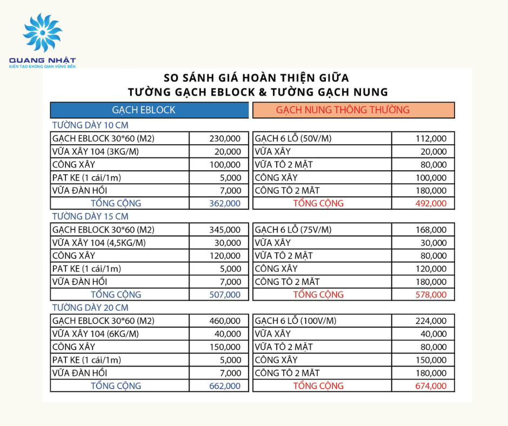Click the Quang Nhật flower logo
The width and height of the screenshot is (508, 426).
pyautogui.click(x=42, y=34)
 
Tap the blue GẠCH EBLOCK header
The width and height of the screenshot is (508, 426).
pyautogui.click(x=144, y=110)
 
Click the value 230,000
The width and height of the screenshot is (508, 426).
pyautogui.click(x=225, y=139)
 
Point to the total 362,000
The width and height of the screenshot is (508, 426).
pyautogui.click(x=225, y=204)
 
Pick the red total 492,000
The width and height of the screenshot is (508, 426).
pyautogui.click(x=431, y=204)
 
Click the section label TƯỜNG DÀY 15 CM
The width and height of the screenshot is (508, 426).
pyautogui.click(x=90, y=216)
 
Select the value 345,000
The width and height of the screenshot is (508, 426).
pyautogui.click(x=225, y=230)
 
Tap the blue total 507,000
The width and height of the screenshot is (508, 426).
pyautogui.click(x=225, y=295)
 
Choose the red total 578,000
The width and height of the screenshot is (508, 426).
pyautogui.click(x=431, y=295)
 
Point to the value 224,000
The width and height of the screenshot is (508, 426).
pyautogui.click(x=431, y=321)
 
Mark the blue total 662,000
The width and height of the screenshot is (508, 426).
pyautogui.click(x=225, y=386)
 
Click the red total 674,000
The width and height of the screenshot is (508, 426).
pyautogui.click(x=431, y=386)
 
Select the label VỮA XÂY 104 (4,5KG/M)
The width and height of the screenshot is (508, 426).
pyautogui.click(x=99, y=243)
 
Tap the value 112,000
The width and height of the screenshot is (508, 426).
pyautogui.click(x=431, y=139)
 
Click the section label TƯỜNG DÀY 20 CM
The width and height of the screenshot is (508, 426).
pyautogui.click(x=90, y=308)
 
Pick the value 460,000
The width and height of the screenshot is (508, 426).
pyautogui.click(x=225, y=321)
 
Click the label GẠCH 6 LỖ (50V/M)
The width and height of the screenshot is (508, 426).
pyautogui.click(x=293, y=139)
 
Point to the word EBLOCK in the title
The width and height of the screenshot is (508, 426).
pyautogui.click(x=229, y=92)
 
